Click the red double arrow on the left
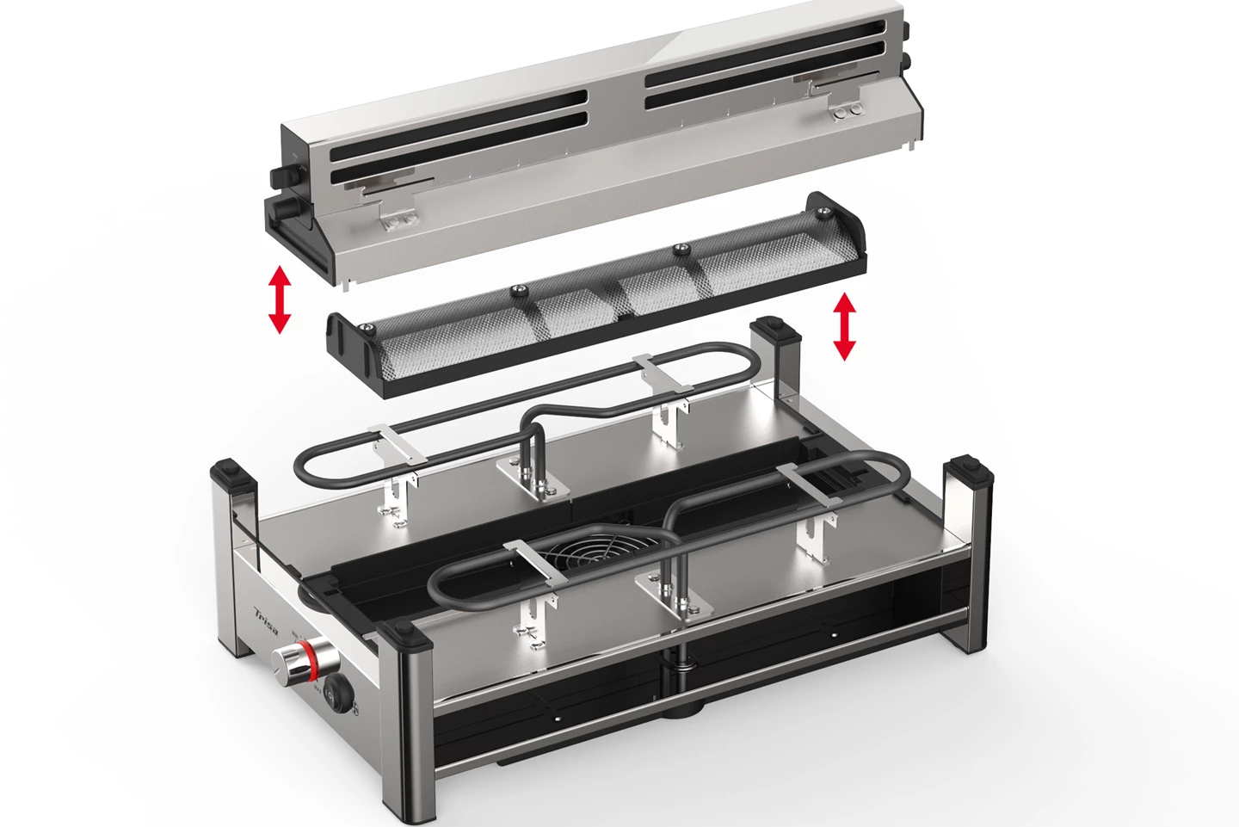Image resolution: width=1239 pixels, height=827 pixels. [x=280, y=299]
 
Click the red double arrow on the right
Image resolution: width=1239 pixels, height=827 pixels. [x=845, y=325]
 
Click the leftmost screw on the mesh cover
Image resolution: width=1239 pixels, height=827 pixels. [x=368, y=328]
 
